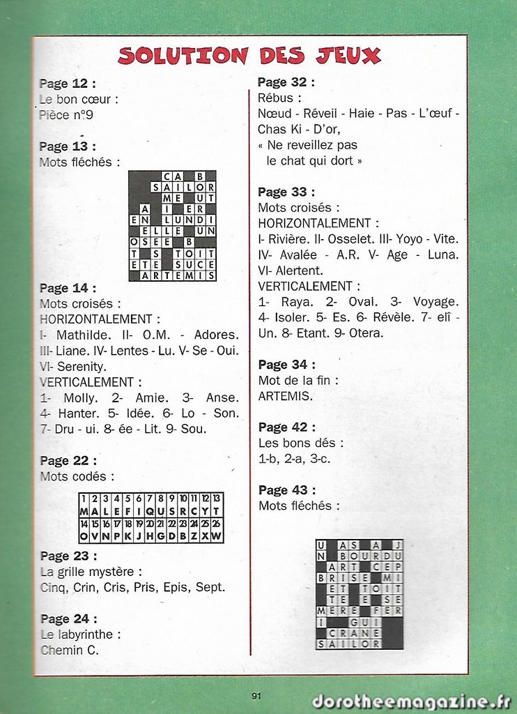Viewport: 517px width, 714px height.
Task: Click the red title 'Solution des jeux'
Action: coord(249,55)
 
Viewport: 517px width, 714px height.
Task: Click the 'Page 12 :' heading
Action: coord(68,84)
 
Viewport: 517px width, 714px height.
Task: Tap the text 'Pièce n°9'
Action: coord(66,115)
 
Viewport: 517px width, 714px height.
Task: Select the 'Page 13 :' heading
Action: coord(68,146)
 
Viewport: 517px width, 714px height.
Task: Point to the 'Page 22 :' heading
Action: coord(68,461)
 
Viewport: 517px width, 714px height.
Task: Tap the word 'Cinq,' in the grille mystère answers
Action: coord(54,587)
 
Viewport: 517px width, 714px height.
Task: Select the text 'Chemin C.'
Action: coord(70,651)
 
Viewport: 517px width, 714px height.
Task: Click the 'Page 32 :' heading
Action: coord(286,82)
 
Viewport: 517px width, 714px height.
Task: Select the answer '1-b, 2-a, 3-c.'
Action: coord(294,459)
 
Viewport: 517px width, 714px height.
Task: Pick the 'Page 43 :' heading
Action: coord(286,490)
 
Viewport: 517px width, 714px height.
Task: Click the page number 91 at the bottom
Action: coord(256,695)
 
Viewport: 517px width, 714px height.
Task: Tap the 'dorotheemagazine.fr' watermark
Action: coord(411,701)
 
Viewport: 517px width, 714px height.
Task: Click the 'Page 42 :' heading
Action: coord(286,427)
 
